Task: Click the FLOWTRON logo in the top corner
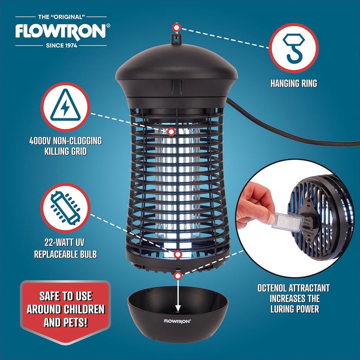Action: click(61, 31)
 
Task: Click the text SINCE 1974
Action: click(61, 45)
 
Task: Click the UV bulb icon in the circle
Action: click(66, 208)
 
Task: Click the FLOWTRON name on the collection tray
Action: click(178, 321)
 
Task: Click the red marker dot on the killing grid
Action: click(171, 132)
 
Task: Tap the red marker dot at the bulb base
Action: click(178, 255)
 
